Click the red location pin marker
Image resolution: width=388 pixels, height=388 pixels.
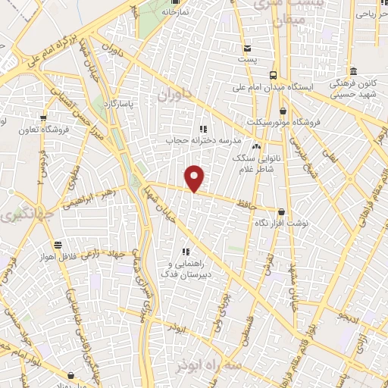click(x=196, y=178)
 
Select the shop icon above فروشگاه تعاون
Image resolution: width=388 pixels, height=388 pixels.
click(x=43, y=117)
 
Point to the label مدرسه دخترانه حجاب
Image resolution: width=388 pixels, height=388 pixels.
click(x=202, y=140)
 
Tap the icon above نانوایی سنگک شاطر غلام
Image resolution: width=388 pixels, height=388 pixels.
click(x=256, y=146)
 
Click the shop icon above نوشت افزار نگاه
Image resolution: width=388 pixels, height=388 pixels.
click(x=282, y=213)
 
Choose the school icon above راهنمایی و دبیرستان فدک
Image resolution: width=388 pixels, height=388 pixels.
click(x=185, y=252)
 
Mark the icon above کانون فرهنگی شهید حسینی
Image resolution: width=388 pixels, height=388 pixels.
click(x=334, y=77)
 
